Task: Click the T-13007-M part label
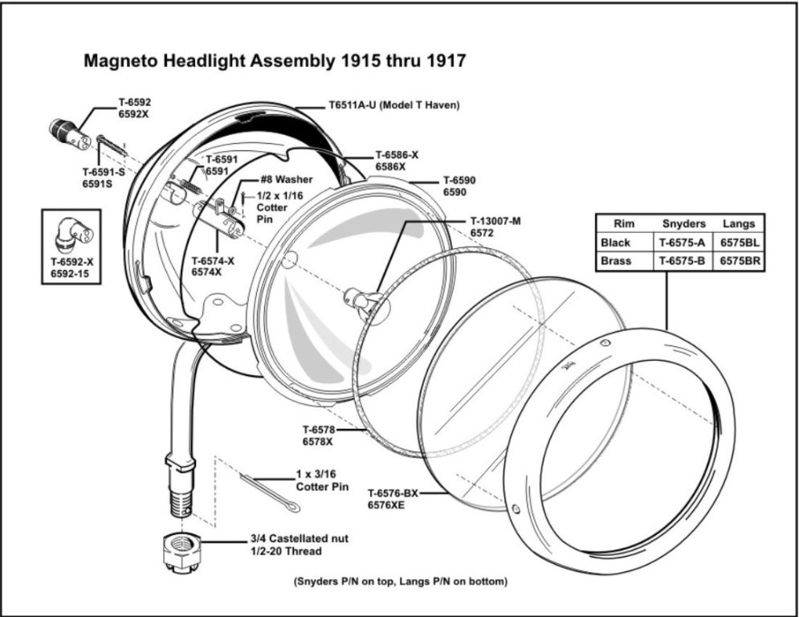coord(495,222)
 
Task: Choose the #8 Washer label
coord(286,180)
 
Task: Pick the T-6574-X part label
coord(213,260)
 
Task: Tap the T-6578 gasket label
coord(319,430)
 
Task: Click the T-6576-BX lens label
coord(393,493)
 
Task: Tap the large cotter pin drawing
coord(270,491)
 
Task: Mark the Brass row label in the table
coord(616,261)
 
